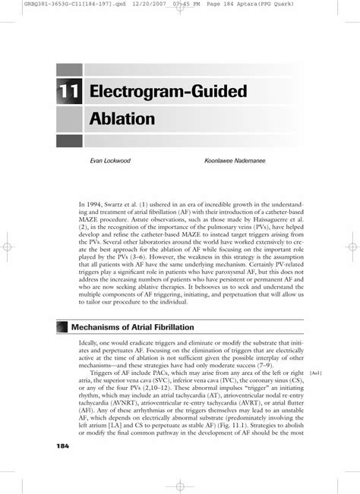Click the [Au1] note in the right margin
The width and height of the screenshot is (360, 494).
317,373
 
